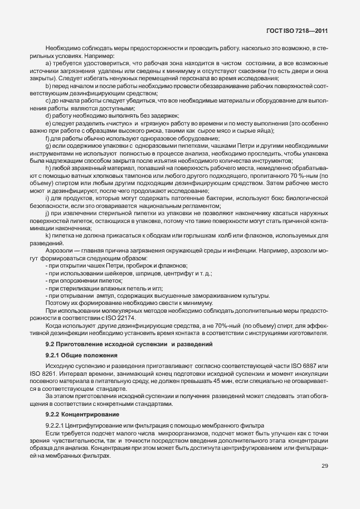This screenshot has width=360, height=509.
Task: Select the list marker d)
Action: coord(48,115)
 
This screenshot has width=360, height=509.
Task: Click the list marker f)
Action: coord(47,138)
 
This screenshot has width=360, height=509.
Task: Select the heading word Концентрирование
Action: coord(92,415)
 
